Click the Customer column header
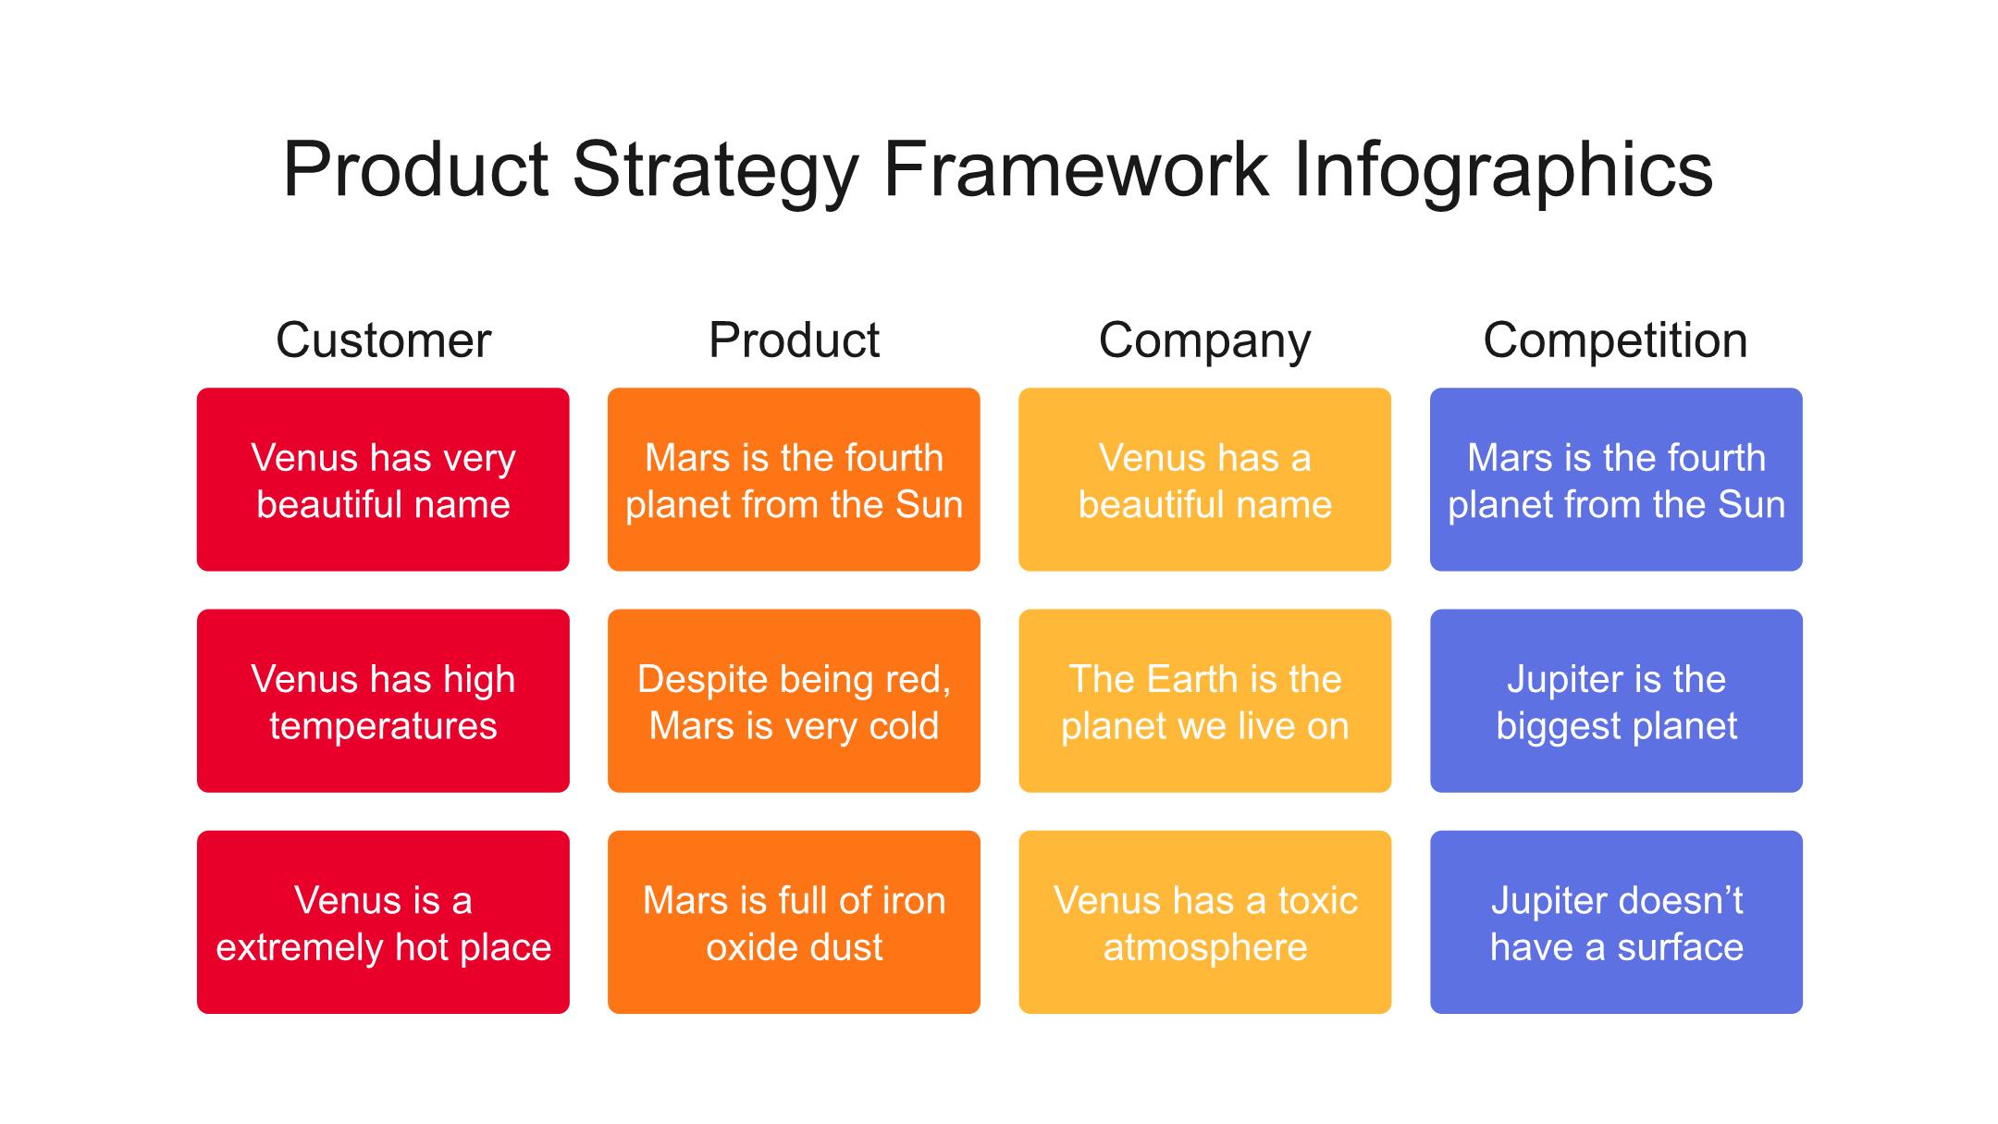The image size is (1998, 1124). click(x=383, y=340)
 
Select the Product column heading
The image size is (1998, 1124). click(x=794, y=340)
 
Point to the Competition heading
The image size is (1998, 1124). click(x=1615, y=340)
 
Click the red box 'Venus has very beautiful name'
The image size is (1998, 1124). click(x=383, y=479)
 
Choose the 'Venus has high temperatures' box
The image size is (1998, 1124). click(x=383, y=700)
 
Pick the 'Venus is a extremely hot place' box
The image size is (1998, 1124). click(x=383, y=922)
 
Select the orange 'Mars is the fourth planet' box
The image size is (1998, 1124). click(x=794, y=479)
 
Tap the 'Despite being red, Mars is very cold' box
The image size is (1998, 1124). click(x=794, y=700)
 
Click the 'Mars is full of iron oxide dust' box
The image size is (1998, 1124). click(x=794, y=922)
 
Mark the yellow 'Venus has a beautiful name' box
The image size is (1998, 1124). click(x=1204, y=479)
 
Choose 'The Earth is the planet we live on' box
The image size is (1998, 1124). click(x=1204, y=700)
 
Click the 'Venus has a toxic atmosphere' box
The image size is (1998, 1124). click(x=1204, y=922)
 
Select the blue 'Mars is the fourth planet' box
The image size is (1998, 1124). click(x=1616, y=479)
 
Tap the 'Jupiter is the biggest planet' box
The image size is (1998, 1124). click(x=1616, y=700)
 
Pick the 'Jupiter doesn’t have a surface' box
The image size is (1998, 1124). click(x=1616, y=922)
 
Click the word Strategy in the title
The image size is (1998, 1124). click(x=716, y=171)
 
